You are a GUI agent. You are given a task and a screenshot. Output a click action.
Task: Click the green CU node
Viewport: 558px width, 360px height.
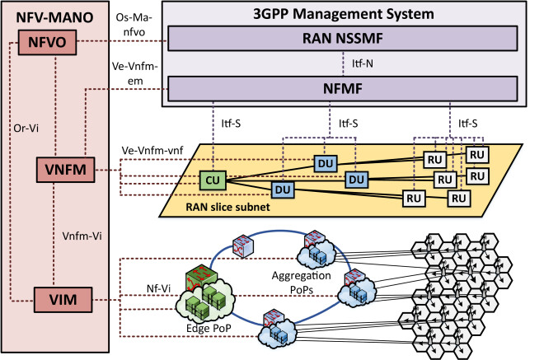[213, 177]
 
